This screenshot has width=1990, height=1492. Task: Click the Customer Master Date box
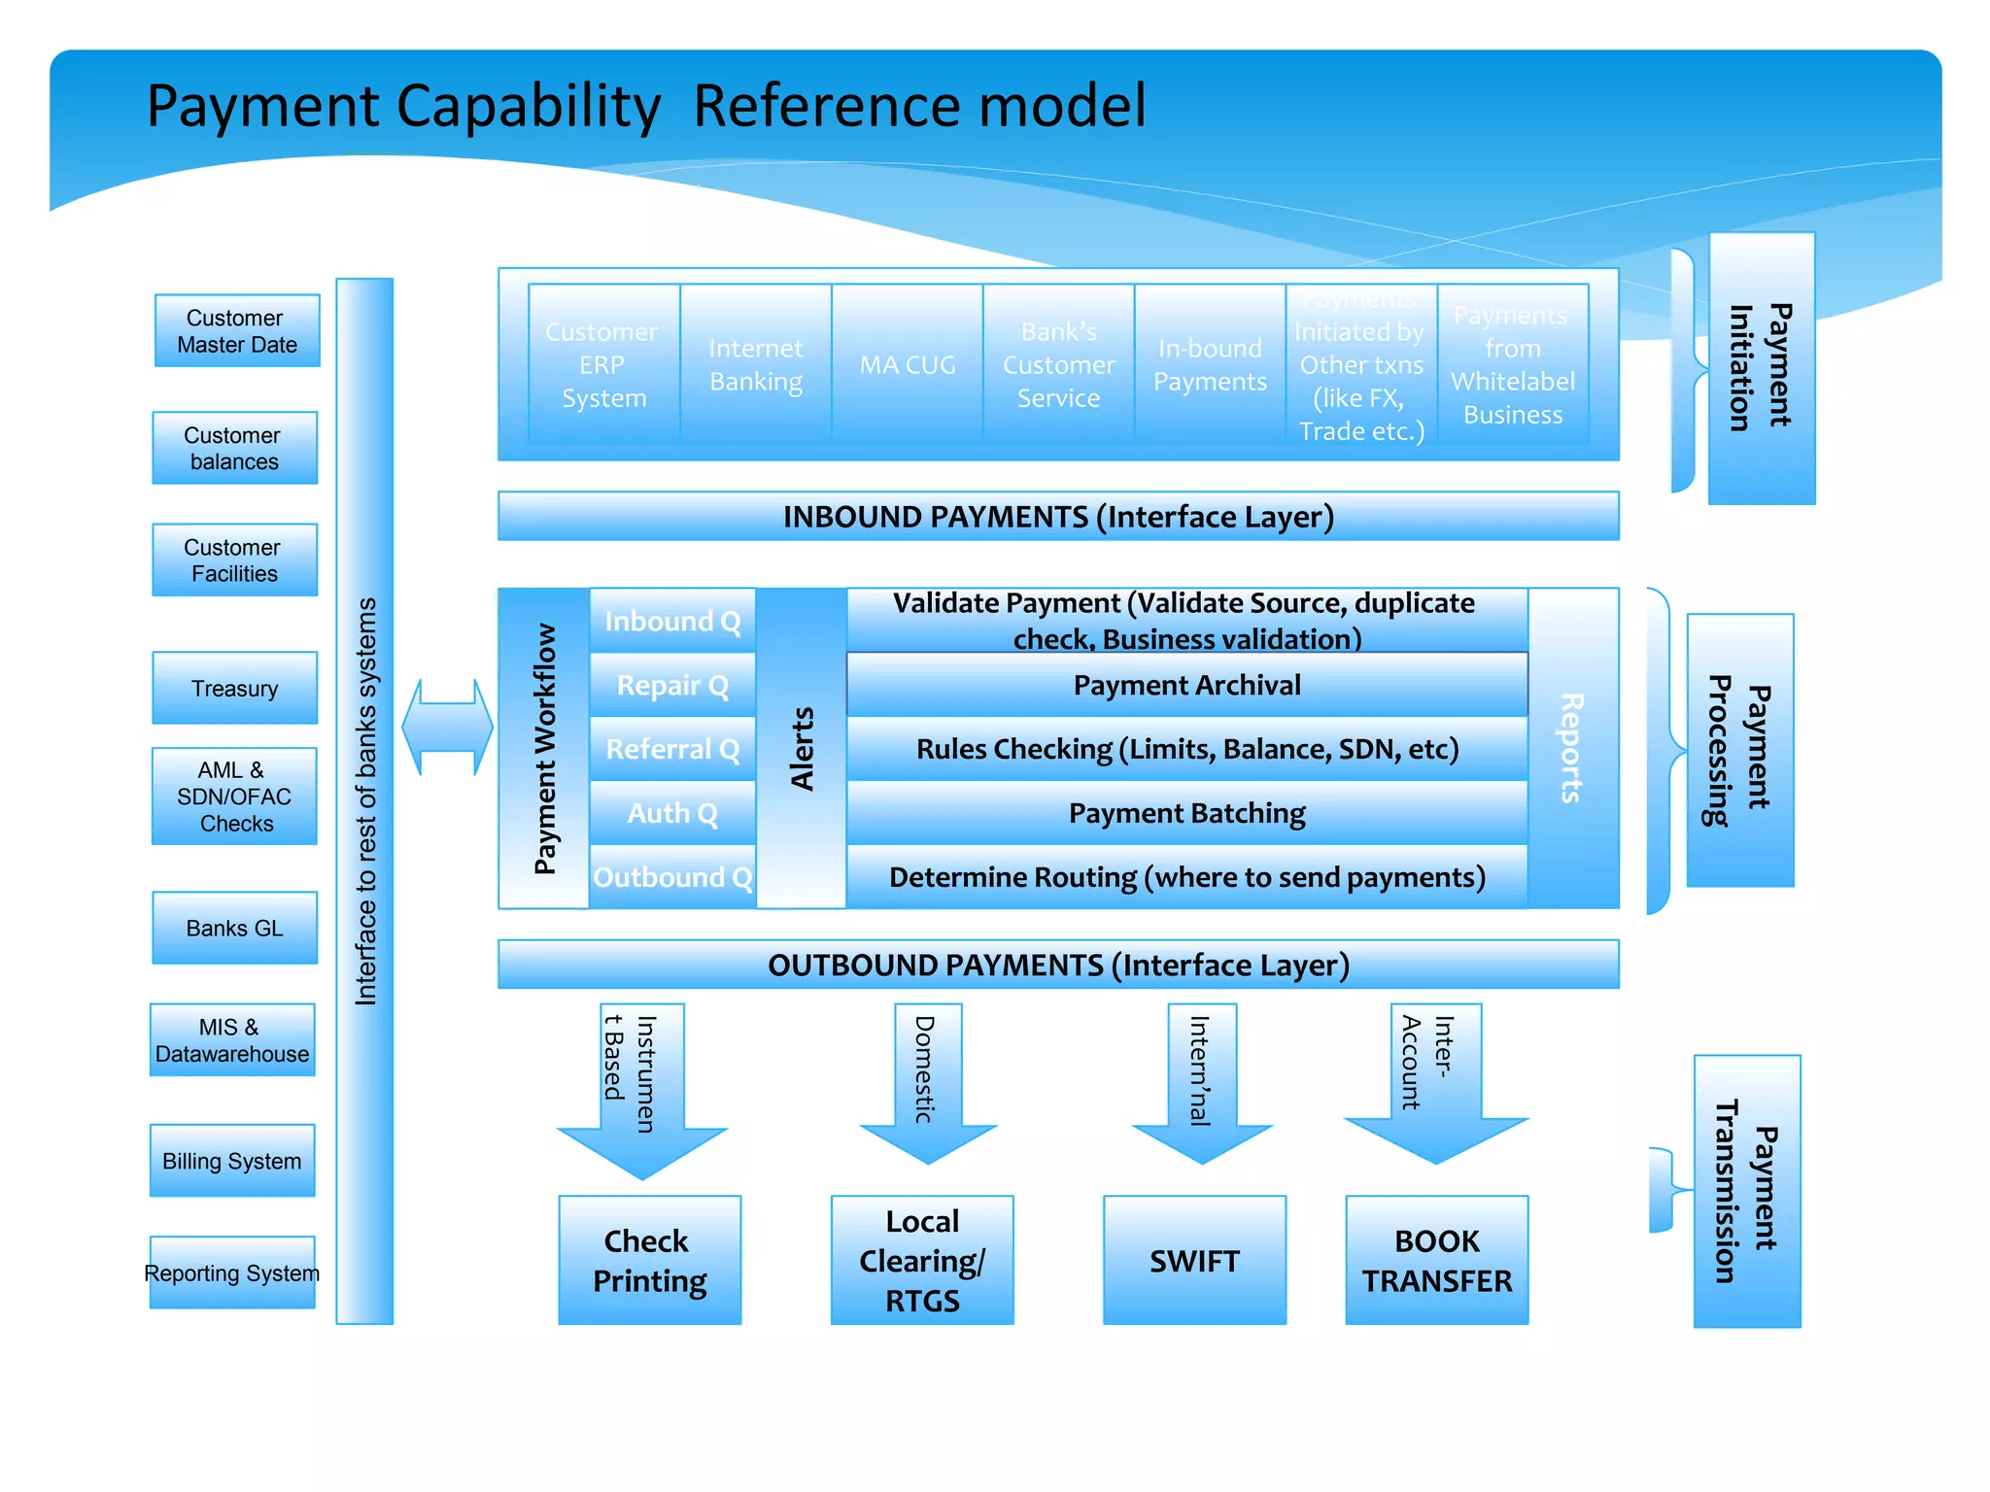[x=236, y=331]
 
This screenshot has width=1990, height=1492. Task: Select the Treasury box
[x=234, y=688]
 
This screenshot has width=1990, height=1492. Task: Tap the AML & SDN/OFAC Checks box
[x=234, y=796]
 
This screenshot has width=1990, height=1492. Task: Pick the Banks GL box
[x=234, y=928]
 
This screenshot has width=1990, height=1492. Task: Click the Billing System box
[x=232, y=1161]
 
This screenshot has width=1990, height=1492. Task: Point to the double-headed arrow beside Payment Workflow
[x=448, y=727]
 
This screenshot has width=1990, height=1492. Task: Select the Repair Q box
[x=672, y=685]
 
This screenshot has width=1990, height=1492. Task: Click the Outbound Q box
[x=672, y=877]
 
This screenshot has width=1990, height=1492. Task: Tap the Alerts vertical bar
[x=801, y=748]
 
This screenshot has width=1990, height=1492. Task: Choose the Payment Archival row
[x=1186, y=685]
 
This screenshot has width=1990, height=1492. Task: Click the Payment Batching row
[x=1186, y=813]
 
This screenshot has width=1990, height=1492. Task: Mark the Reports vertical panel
[x=1572, y=748]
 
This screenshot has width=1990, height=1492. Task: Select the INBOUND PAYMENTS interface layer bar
[x=1058, y=516]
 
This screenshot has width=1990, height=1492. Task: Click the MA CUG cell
[x=908, y=364]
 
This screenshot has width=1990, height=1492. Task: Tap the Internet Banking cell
[x=756, y=364]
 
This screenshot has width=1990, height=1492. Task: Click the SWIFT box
[x=1194, y=1260]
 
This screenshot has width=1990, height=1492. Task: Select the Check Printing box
[x=649, y=1260]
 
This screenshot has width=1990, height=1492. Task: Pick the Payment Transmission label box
[x=1746, y=1191]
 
